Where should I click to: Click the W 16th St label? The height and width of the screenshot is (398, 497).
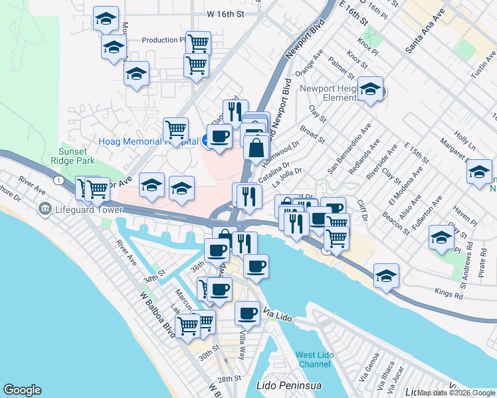[226, 13]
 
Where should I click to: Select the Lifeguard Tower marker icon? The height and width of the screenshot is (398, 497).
[46, 209]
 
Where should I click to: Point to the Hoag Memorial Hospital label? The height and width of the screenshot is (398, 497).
[148, 141]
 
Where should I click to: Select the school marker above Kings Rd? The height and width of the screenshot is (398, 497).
[385, 275]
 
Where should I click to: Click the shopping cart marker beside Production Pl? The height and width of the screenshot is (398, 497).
[198, 43]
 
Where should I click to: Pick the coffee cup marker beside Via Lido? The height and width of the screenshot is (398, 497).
[247, 312]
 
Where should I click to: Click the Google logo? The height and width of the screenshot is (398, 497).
[22, 390]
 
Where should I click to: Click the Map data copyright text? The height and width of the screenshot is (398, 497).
[456, 393]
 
